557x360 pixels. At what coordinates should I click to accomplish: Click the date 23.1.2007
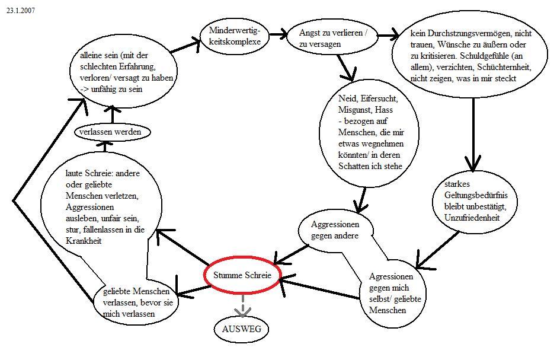point(21,10)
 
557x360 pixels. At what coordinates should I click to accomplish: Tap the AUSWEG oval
point(241,329)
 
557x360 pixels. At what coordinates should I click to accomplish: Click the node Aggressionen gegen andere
point(335,230)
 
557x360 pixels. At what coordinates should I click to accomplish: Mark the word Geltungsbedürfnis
point(473,196)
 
